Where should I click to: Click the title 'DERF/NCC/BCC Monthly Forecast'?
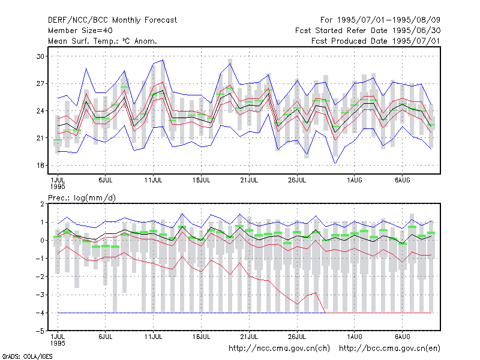click(112, 20)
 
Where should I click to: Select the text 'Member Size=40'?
click(80, 31)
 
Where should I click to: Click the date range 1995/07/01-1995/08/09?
click(388, 20)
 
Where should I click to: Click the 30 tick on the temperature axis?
click(40, 56)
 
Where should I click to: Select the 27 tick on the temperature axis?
click(40, 83)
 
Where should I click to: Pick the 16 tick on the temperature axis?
click(40, 166)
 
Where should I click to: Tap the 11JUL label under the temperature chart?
click(153, 180)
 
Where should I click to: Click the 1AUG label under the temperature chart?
click(354, 180)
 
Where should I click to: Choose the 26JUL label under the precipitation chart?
click(297, 337)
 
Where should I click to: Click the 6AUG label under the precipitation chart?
click(402, 337)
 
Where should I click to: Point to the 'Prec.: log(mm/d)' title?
click(82, 198)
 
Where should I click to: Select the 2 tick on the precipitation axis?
click(42, 204)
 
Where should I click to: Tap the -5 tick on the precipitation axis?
click(40, 331)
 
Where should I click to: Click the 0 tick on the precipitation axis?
click(42, 241)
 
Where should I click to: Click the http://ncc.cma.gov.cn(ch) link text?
click(279, 349)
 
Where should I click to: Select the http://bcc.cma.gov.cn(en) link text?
click(389, 349)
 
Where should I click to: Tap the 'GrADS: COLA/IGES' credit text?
click(28, 356)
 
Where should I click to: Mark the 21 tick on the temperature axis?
click(40, 138)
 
